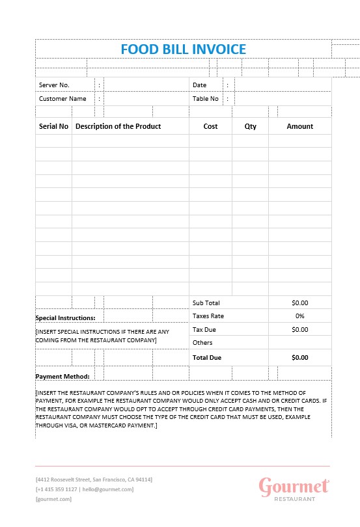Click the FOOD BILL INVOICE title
184,49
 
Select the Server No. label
54,85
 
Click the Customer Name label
62,99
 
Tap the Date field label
199,85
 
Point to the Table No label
206,99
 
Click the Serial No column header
53,126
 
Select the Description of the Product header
118,126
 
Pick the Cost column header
210,126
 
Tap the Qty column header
251,126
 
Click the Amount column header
299,126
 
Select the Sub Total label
206,303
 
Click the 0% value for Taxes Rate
300,316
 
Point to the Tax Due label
204,329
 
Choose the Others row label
202,342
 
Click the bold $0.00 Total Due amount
300,357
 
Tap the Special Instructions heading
65,318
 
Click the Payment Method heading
62,376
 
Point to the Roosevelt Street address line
94,480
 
